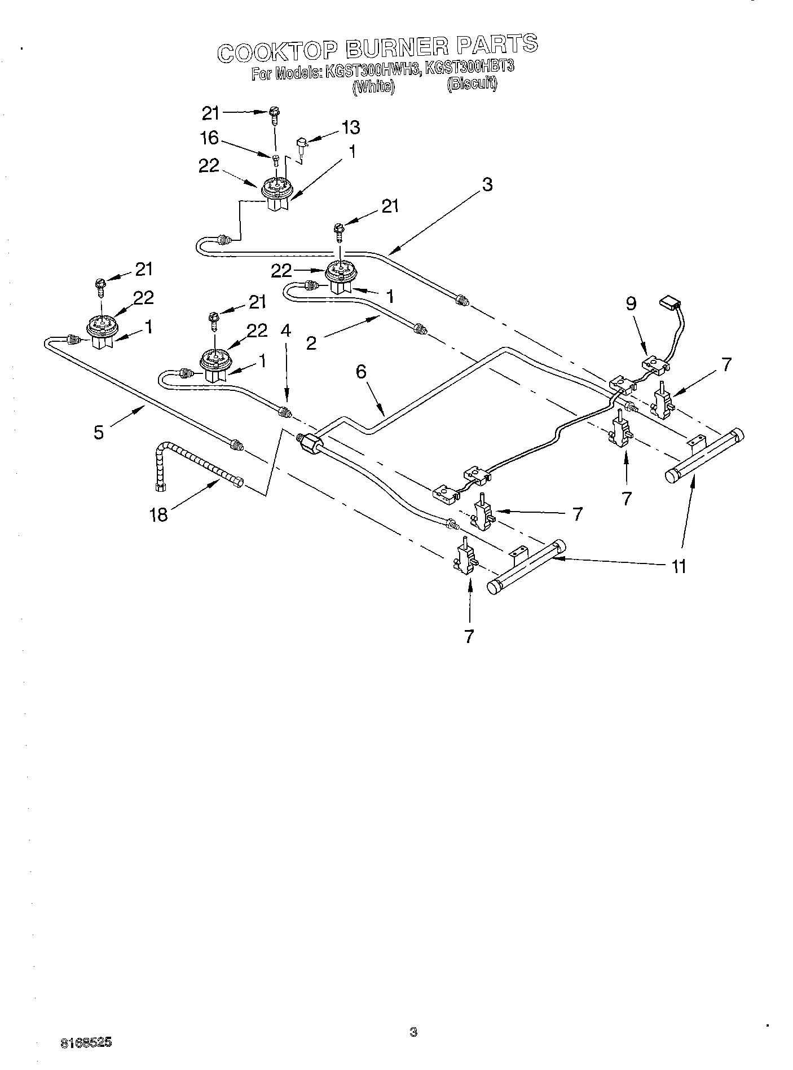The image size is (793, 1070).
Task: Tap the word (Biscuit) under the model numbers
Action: [472, 85]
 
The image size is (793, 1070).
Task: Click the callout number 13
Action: [350, 127]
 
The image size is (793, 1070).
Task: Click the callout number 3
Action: [487, 184]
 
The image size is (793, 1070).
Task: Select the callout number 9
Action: [631, 304]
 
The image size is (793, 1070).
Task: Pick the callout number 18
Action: [159, 515]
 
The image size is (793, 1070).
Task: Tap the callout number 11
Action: [679, 566]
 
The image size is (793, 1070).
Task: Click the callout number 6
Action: [361, 371]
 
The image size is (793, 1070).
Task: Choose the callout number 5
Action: [99, 433]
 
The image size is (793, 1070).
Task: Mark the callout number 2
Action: [311, 343]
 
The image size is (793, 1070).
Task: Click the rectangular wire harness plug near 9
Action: [670, 302]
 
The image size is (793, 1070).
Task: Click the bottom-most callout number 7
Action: [469, 636]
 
